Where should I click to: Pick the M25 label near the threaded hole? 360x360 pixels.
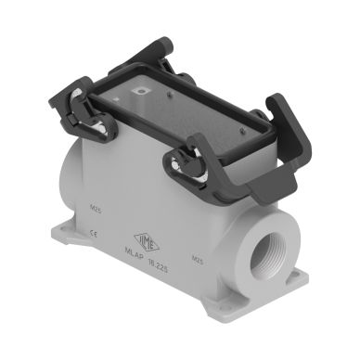[196, 257]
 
